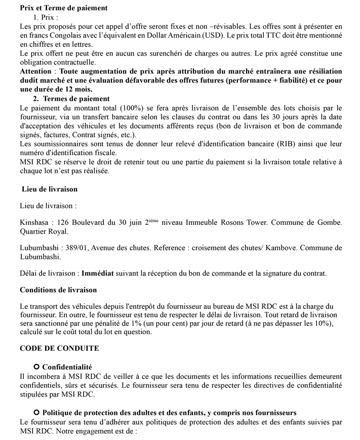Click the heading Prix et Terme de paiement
click(63, 8)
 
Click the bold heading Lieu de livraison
click(50, 189)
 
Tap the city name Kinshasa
click(35, 222)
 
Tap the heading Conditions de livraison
click(58, 290)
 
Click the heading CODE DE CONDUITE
click(59, 348)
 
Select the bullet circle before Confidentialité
click(36, 366)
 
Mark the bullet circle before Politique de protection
click(36, 412)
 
